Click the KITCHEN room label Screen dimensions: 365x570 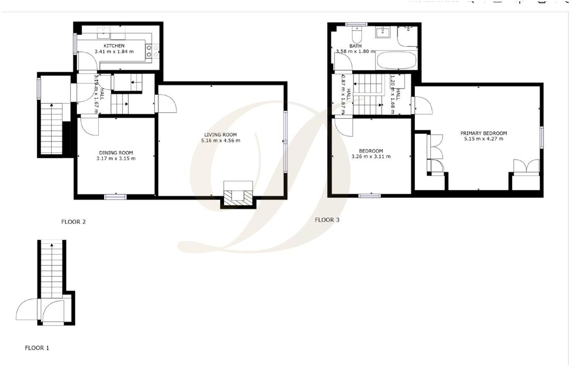114,46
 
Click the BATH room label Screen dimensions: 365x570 355,46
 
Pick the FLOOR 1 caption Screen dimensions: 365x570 37,347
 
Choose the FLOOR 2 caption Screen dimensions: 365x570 73,222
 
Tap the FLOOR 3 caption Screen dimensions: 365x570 327,220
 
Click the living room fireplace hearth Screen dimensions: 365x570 238,198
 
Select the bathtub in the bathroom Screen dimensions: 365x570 396,61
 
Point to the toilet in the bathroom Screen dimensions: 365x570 357,32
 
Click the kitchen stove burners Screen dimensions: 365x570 152,51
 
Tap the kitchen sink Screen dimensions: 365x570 103,31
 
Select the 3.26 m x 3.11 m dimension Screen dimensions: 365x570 371,157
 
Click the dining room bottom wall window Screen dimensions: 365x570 115,196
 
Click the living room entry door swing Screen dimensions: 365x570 167,103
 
